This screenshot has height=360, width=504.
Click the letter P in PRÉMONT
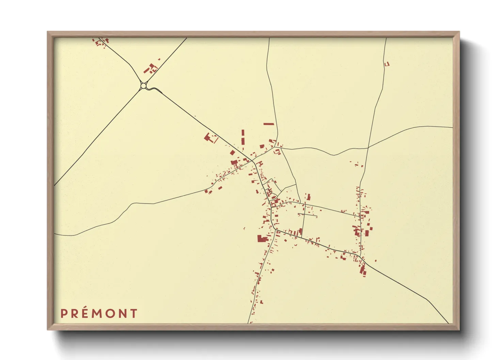coord(63,313)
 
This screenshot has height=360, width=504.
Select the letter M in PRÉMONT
coord(97,313)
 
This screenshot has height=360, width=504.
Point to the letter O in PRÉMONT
coord(110,313)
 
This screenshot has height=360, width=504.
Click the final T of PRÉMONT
coord(133,313)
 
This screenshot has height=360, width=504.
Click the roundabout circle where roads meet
coord(143,86)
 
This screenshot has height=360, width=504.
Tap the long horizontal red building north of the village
coord(269,124)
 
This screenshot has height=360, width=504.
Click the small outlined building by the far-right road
coord(387,64)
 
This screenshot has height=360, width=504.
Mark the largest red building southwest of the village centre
coord(262,239)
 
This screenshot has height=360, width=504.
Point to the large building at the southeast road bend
coord(363,269)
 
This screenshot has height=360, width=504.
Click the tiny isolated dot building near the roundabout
coord(159,59)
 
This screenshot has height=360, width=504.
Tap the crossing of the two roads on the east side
coord(368,148)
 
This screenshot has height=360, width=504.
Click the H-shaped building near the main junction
coord(260,164)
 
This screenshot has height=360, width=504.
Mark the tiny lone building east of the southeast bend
coord(376,261)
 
